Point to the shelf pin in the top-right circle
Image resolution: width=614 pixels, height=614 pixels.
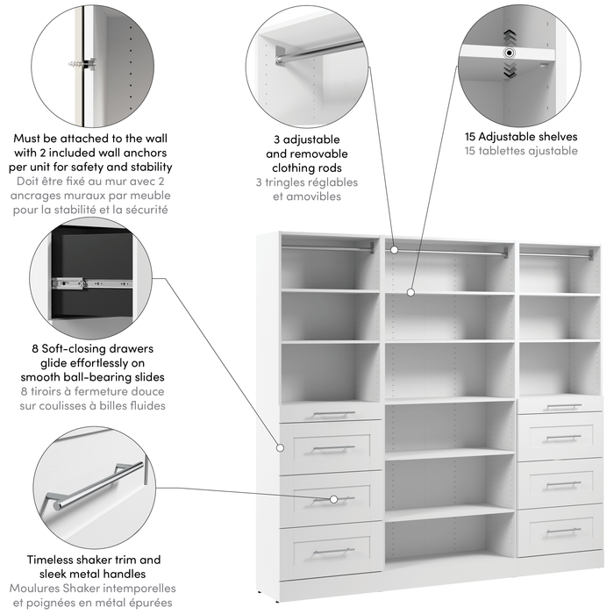point(508,54)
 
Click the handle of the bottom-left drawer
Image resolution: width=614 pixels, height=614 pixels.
point(333,551)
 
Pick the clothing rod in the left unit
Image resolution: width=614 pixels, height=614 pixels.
point(329,248)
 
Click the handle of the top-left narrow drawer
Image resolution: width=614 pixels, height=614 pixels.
point(333,414)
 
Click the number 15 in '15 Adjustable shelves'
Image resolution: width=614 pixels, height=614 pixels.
point(475,137)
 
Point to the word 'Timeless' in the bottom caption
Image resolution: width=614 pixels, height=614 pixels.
point(53,560)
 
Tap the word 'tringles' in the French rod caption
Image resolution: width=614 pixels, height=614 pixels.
point(290,182)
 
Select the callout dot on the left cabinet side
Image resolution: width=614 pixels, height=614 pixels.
point(281,447)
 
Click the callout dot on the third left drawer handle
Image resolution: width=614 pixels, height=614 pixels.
point(333,499)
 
